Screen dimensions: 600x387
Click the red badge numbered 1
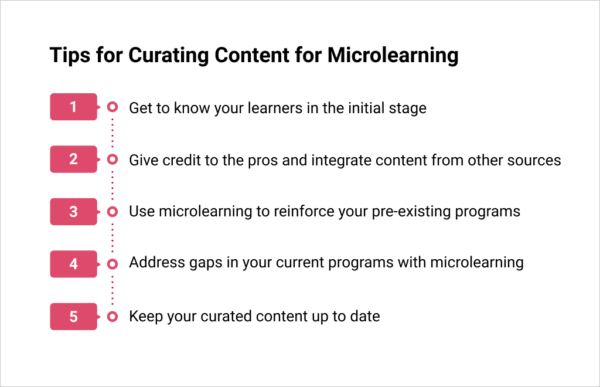[73, 107]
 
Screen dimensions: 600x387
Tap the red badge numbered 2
[73, 159]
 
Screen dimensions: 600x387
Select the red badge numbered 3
[73, 212]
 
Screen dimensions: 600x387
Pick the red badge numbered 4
[73, 264]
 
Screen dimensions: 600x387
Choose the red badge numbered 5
[73, 317]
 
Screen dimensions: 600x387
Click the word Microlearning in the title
[393, 56]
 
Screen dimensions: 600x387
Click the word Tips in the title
[70, 56]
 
